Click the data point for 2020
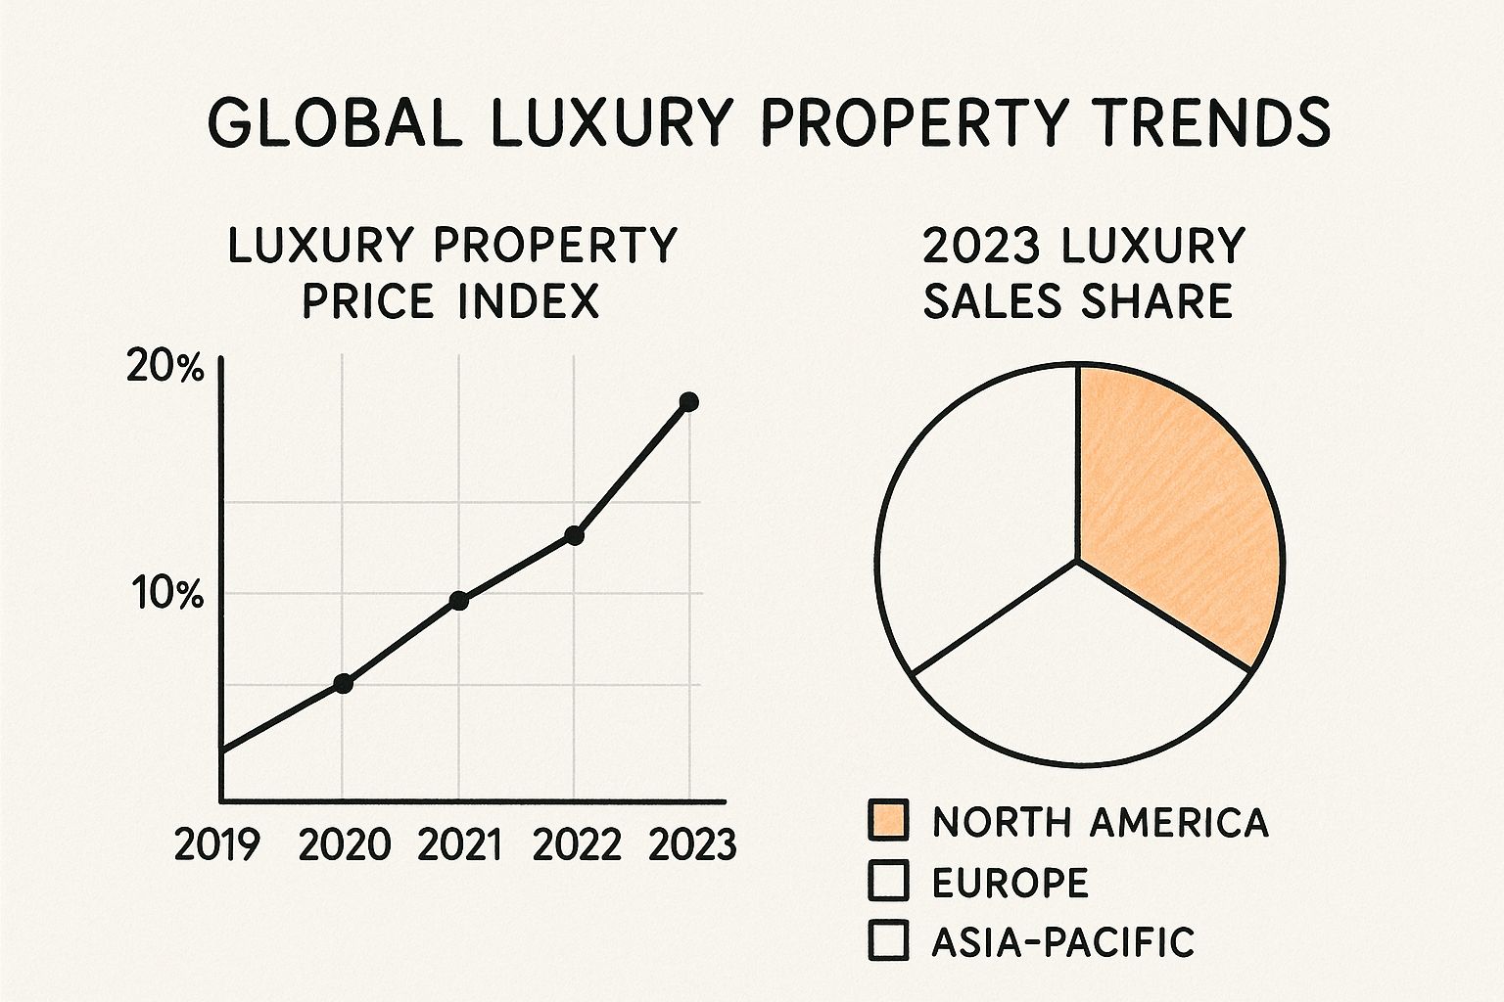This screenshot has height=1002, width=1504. [x=343, y=683]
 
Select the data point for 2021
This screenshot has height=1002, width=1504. [x=458, y=600]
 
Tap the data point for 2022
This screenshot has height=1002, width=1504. [x=575, y=535]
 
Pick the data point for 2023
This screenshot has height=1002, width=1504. [x=688, y=401]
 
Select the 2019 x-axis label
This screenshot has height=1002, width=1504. [x=217, y=844]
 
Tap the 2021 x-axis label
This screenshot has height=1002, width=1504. [x=458, y=844]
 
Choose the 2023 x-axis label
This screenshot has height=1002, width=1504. [x=692, y=844]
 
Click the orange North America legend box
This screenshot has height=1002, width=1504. [x=888, y=820]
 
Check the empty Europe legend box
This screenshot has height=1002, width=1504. [x=888, y=881]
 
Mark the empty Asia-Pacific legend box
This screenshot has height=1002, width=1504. [x=888, y=940]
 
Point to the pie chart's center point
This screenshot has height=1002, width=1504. [x=1078, y=561]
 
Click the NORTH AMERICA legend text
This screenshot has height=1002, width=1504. [x=1100, y=822]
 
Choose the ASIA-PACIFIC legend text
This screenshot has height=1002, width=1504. [x=1062, y=941]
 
